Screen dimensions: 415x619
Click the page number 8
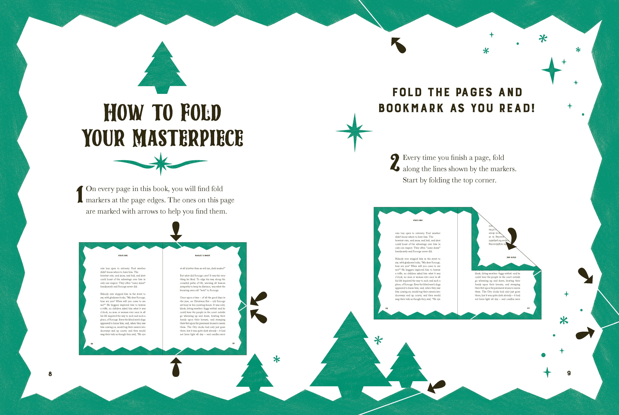tap(50, 374)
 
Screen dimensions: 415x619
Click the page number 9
tap(569, 373)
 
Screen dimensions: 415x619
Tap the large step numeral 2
tap(395, 163)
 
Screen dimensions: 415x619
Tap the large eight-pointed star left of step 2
tap(354, 131)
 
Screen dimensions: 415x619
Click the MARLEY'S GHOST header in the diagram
tap(203, 255)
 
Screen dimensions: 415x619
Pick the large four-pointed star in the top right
tap(552, 70)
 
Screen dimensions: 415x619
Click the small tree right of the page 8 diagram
tap(255, 374)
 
